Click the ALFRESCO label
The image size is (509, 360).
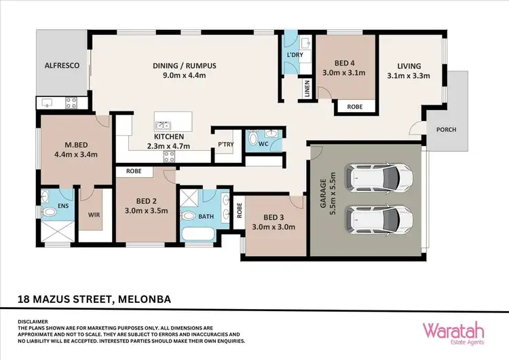(x=62, y=66)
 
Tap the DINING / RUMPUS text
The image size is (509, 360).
(x=183, y=65)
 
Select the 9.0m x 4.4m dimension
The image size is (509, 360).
(x=183, y=75)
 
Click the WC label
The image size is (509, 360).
(x=266, y=144)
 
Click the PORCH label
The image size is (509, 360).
(x=446, y=130)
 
